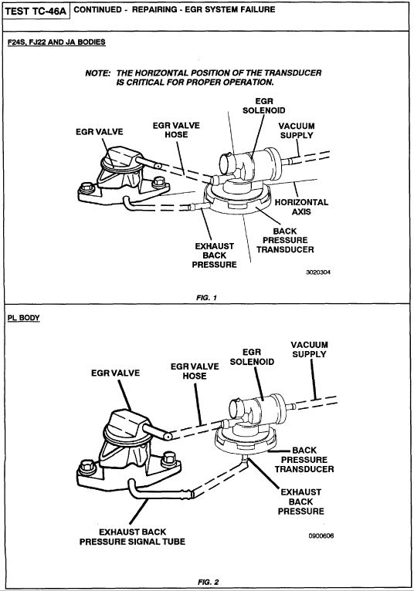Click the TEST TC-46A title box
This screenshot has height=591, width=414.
[x=36, y=12]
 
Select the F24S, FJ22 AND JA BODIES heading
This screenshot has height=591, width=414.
[x=56, y=42]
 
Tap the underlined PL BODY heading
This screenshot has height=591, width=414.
[x=23, y=318]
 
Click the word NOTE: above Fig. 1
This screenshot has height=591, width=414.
[x=98, y=73]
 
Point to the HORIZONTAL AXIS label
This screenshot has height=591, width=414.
[x=301, y=207]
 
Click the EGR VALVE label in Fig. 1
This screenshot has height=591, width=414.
[x=100, y=131]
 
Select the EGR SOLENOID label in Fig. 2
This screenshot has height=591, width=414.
[x=252, y=357]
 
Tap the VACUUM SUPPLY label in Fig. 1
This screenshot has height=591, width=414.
[x=297, y=130]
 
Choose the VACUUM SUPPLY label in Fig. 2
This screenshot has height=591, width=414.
[x=310, y=350]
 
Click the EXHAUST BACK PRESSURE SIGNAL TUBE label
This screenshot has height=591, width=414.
[x=133, y=537]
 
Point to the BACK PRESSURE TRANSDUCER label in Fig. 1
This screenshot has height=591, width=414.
[x=285, y=240]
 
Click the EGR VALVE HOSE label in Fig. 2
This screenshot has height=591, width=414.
[x=195, y=371]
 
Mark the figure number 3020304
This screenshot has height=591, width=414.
[x=318, y=272]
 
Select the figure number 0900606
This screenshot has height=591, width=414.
[x=321, y=535]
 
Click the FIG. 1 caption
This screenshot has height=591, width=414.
[x=206, y=298]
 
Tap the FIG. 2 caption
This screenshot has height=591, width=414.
[x=208, y=582]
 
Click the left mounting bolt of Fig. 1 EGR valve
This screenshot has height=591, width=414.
[x=87, y=187]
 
